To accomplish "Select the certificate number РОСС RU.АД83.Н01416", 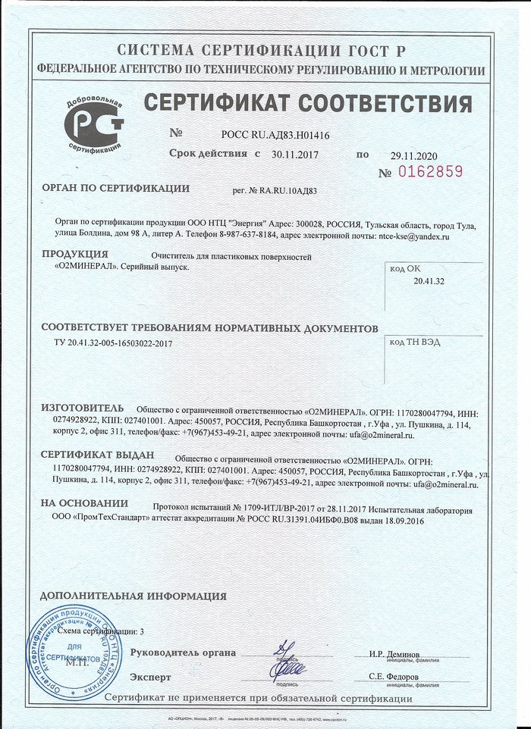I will pyautogui.click(x=275, y=134).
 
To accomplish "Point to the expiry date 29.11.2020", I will pyautogui.click(x=414, y=155).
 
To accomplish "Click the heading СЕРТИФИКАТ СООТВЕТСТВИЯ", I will pyautogui.click(x=307, y=102).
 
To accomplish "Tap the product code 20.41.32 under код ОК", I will pyautogui.click(x=429, y=281).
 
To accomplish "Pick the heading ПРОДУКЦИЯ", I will pyautogui.click(x=75, y=254).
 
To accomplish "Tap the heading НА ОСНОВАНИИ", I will pyautogui.click(x=84, y=503).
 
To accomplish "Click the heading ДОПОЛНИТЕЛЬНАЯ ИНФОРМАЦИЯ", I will pyautogui.click(x=134, y=596).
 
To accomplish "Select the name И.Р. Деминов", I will pyautogui.click(x=394, y=654).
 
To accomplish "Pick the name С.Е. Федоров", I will pyautogui.click(x=394, y=677).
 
